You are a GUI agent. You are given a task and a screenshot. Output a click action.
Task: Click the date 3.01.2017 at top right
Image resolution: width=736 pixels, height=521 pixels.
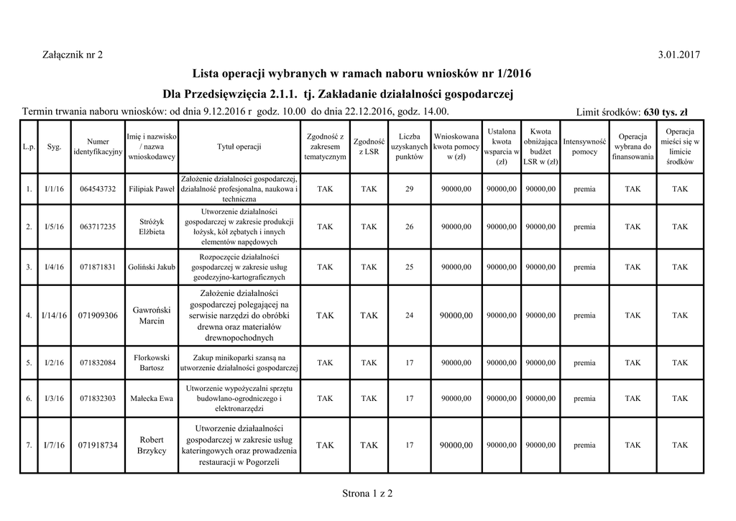click(678, 55)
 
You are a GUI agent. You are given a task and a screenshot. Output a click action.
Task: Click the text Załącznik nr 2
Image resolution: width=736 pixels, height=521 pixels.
click(73, 55)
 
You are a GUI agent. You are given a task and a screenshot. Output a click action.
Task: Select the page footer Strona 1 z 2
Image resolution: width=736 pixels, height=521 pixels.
click(367, 493)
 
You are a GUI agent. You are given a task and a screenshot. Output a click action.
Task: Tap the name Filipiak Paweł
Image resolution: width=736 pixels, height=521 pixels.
click(152, 189)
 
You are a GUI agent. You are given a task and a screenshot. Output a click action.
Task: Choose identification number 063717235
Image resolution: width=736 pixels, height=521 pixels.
click(98, 227)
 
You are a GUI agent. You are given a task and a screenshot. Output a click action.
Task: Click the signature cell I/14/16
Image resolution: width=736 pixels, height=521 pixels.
click(55, 315)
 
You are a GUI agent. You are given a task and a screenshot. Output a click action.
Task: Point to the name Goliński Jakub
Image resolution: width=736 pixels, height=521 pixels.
click(152, 267)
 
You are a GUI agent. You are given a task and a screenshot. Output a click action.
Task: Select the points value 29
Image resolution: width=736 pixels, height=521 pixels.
click(410, 189)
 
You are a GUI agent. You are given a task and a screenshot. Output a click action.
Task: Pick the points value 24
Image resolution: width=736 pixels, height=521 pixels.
click(410, 315)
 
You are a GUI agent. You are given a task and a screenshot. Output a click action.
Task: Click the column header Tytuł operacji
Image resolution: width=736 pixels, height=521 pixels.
click(239, 147)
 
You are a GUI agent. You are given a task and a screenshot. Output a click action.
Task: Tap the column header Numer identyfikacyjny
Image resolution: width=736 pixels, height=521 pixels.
click(98, 147)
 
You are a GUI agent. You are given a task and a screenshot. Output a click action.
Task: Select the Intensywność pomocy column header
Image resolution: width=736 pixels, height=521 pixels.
click(584, 147)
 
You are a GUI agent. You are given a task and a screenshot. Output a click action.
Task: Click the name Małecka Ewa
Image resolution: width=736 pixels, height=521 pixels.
click(152, 398)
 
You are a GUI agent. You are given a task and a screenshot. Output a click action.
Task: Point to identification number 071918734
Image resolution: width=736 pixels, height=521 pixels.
click(98, 446)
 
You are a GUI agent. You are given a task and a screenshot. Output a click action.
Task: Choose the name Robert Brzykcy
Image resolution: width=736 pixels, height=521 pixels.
click(152, 446)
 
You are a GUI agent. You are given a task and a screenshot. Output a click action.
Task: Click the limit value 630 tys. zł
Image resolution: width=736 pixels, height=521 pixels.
click(666, 112)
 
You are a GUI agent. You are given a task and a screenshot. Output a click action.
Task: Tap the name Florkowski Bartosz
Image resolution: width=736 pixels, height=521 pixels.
click(152, 363)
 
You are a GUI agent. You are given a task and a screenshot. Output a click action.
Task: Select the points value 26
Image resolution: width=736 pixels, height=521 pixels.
click(410, 227)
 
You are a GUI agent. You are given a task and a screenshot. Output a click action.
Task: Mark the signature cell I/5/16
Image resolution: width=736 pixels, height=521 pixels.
click(55, 227)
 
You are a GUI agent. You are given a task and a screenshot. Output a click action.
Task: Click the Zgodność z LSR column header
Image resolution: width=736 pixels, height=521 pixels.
click(369, 147)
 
